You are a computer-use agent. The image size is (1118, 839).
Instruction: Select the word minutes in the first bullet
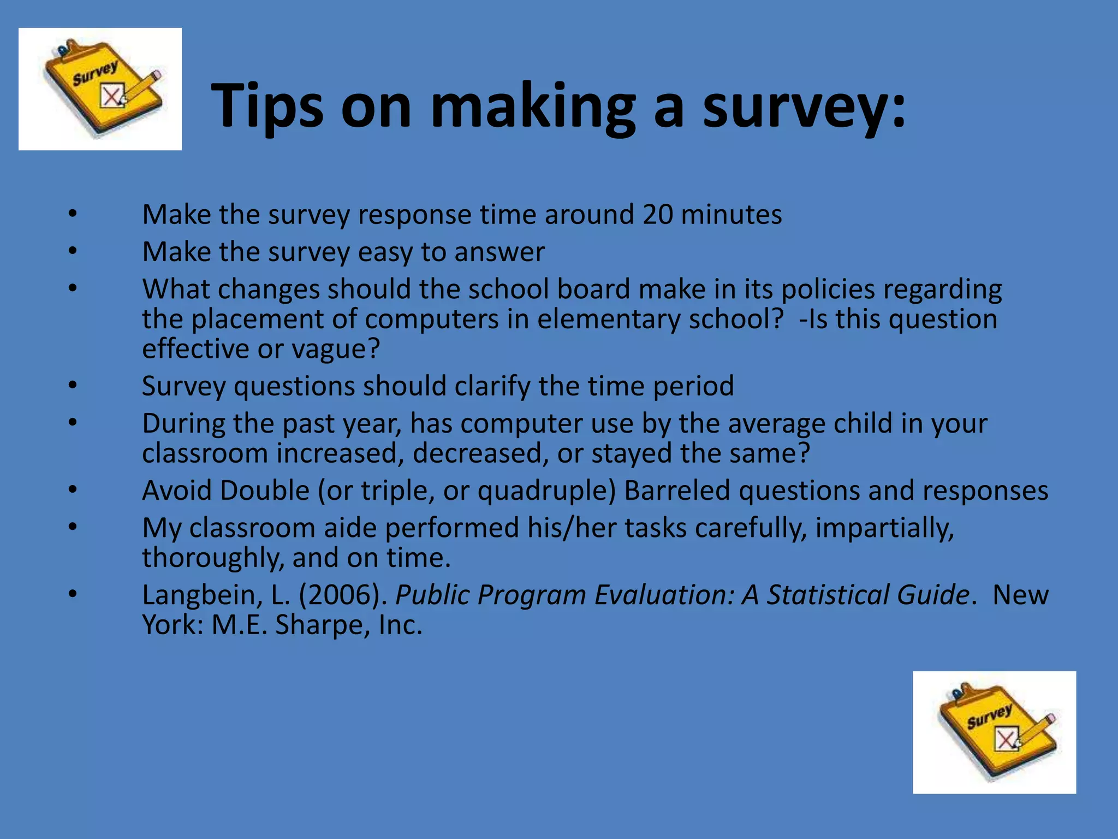pos(732,215)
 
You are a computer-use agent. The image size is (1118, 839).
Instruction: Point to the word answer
pos(499,252)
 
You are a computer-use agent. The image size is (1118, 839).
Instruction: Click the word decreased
pos(480,454)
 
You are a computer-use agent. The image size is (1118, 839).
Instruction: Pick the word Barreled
pos(677,491)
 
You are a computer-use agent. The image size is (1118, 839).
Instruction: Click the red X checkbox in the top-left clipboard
pos(112,97)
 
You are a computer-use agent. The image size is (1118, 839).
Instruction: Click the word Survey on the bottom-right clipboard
pos(989,716)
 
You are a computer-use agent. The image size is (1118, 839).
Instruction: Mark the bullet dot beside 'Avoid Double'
pos(73,490)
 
